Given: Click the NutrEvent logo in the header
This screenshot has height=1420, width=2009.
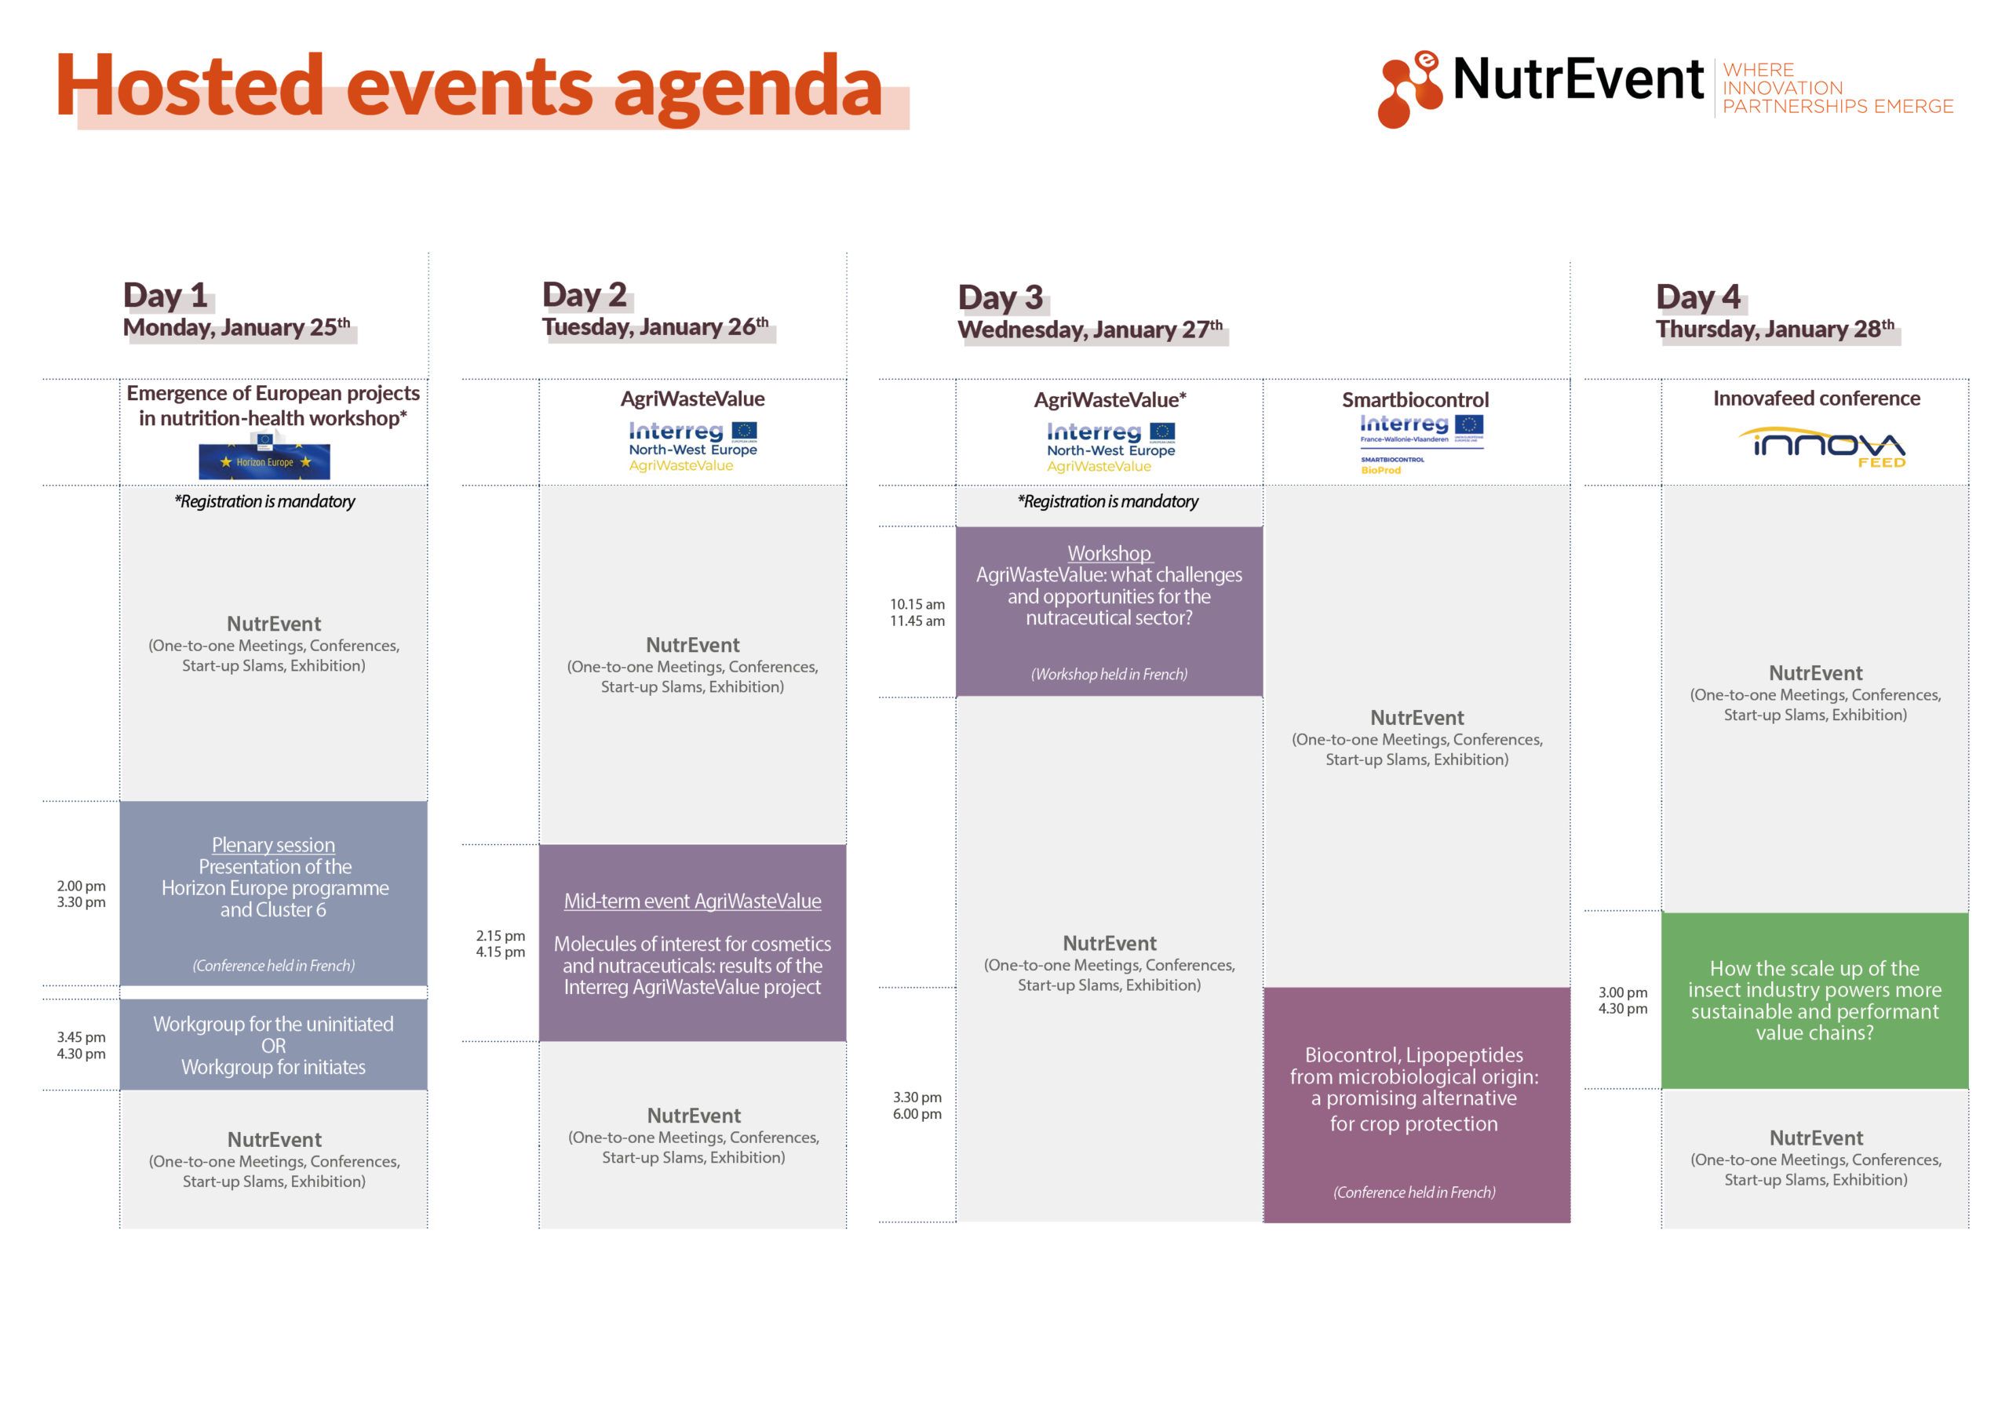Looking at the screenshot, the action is (1665, 89).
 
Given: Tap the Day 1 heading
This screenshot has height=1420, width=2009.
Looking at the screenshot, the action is (165, 295).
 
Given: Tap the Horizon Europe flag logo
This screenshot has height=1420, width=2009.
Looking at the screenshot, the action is (264, 461).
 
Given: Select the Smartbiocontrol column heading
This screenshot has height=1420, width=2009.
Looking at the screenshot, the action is (1415, 400).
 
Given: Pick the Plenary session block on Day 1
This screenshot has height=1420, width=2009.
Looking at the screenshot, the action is (273, 894).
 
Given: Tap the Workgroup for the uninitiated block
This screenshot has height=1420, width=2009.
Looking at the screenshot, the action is (273, 1045).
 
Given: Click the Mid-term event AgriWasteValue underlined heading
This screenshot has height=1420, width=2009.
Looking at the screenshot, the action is (692, 901).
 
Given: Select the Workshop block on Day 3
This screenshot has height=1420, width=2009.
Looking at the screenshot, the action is (1109, 612).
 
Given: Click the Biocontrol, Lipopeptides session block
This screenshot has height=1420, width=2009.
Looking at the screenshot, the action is (1417, 1105).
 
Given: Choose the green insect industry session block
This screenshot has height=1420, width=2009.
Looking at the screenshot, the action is (1814, 1001).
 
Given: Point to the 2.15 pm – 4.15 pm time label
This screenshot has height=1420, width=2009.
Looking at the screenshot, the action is (501, 944).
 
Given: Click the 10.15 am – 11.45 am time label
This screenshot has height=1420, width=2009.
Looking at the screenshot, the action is (917, 613).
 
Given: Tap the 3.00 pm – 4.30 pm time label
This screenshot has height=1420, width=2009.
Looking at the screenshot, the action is (1623, 1000).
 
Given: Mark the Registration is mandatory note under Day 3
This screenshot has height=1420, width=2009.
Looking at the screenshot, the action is (1108, 501).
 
